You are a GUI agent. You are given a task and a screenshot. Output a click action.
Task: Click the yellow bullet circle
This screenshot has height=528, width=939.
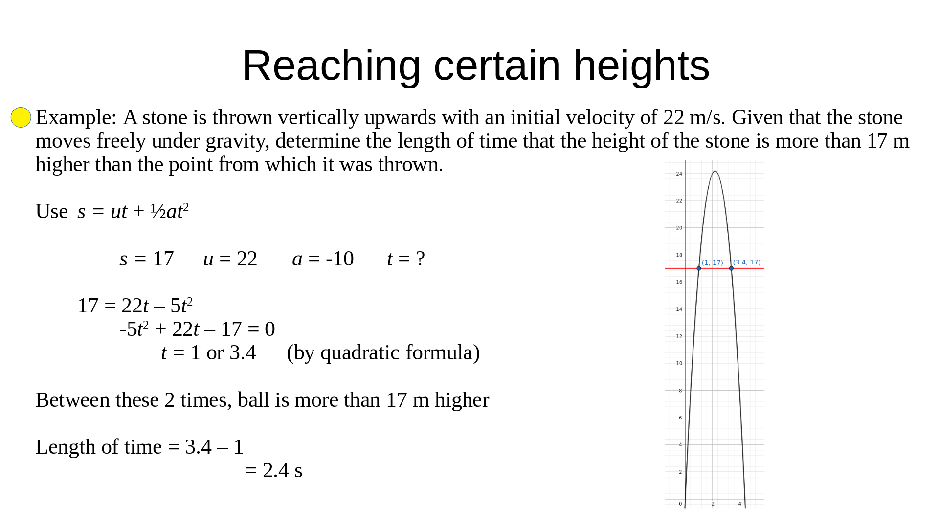click(21, 117)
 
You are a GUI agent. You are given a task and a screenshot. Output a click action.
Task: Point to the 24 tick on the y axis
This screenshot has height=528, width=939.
click(679, 174)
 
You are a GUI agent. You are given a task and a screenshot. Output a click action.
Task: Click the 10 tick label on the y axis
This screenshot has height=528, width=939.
click(679, 363)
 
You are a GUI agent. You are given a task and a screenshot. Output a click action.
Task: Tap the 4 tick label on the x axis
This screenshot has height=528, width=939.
click(739, 504)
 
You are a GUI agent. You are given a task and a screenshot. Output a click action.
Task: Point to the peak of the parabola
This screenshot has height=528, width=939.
click(715, 171)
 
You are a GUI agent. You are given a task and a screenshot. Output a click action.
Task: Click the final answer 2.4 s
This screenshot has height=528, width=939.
click(283, 471)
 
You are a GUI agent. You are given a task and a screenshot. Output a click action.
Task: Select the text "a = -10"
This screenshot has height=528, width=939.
click(323, 259)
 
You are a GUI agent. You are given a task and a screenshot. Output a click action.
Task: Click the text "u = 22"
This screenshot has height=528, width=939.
click(230, 259)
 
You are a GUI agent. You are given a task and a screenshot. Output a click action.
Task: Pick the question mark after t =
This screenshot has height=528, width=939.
click(420, 259)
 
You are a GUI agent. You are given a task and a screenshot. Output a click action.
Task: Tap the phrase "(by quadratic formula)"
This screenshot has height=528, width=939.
click(383, 353)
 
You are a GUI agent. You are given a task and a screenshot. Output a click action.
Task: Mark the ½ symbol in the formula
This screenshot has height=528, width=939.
click(158, 211)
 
